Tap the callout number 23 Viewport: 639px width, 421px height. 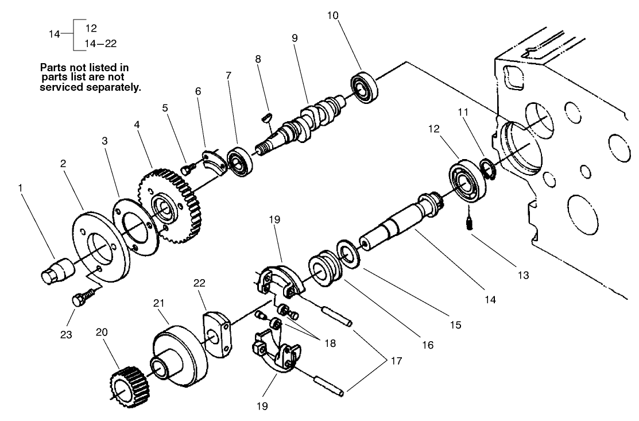[x=67, y=334]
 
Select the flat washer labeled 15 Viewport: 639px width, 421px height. [x=348, y=253]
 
